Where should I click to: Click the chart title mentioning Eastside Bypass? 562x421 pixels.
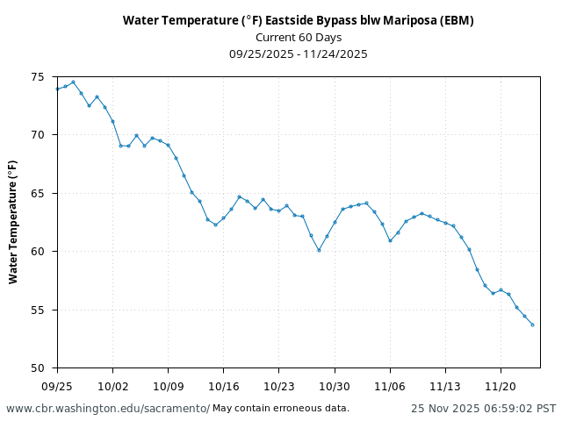pyautogui.click(x=298, y=20)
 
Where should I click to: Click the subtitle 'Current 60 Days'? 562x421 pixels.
pyautogui.click(x=298, y=37)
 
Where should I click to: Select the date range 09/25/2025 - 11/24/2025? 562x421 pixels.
pyautogui.click(x=298, y=54)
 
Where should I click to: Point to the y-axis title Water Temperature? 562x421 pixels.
pyautogui.click(x=13, y=222)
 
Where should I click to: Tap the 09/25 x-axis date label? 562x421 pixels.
pyautogui.click(x=57, y=385)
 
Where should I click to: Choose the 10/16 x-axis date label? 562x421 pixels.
pyautogui.click(x=223, y=385)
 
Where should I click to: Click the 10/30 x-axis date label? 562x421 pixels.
pyautogui.click(x=335, y=385)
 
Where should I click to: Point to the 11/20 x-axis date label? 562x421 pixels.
pyautogui.click(x=501, y=385)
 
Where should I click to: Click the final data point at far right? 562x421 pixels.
pyautogui.click(x=532, y=325)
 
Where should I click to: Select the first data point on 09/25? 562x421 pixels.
pyautogui.click(x=57, y=89)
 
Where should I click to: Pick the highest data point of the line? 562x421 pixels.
pyautogui.click(x=73, y=82)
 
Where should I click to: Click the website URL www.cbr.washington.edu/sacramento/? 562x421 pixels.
pyautogui.click(x=107, y=409)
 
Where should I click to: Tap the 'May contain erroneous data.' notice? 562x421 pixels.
pyautogui.click(x=281, y=409)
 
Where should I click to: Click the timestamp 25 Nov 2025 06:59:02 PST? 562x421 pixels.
pyautogui.click(x=483, y=409)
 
